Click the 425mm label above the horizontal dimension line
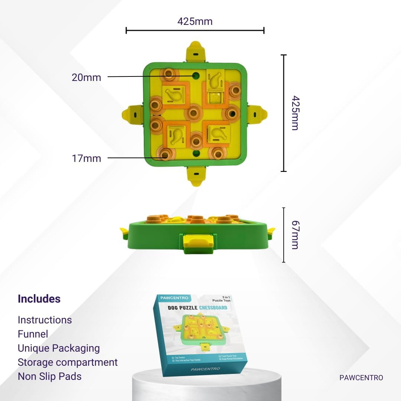pos(195,22)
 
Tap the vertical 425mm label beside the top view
pos(295,113)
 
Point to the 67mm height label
pos(295,235)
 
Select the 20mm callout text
pos(86,78)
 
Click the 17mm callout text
pos(86,159)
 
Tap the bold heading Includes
pos(39,299)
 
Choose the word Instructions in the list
pos(45,320)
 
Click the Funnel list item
pos(33,334)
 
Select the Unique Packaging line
pos(59,348)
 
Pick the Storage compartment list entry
pos(68,362)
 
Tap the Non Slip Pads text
pos(49,376)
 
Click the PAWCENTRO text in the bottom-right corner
pos(361,378)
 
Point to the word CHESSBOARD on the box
pos(213,307)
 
